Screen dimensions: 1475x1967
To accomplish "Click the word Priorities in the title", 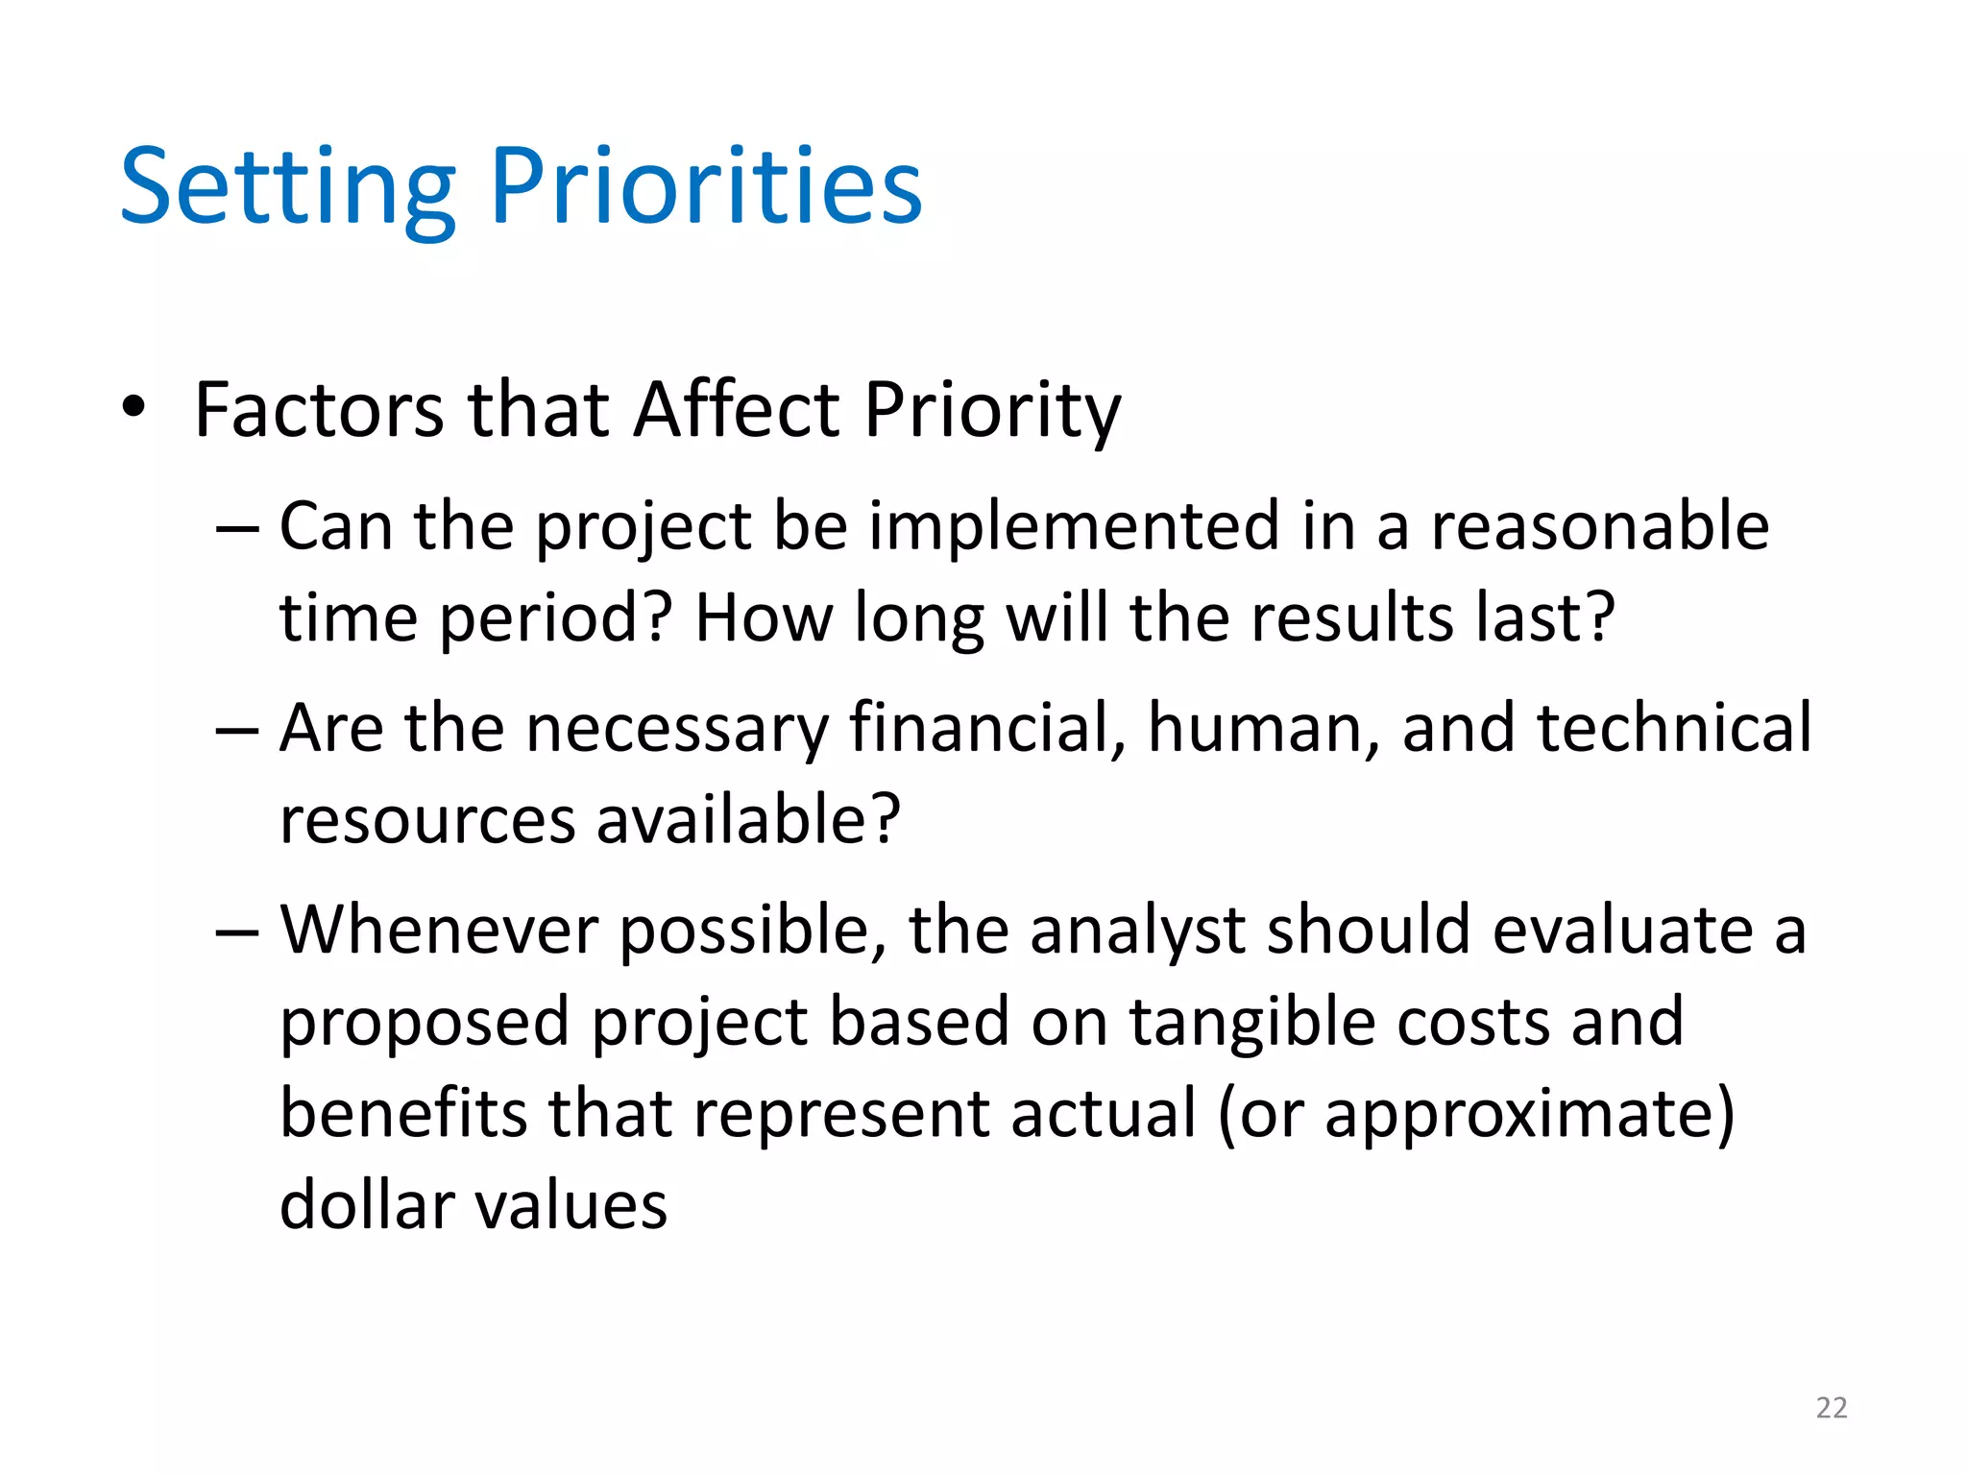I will point(706,187).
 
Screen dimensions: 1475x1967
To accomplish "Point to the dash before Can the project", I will point(237,529).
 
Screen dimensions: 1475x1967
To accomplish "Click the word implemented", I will point(1074,529).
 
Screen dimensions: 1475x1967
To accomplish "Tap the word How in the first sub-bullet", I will point(764,617).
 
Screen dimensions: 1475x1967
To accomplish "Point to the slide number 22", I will point(1832,1408).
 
